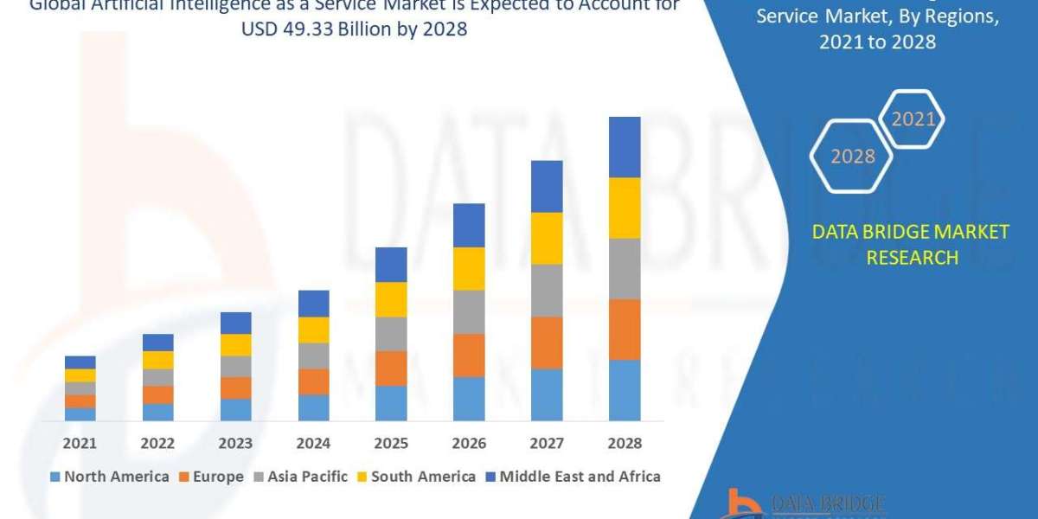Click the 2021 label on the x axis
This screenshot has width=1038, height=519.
click(x=80, y=443)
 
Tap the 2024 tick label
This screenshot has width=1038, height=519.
click(x=313, y=443)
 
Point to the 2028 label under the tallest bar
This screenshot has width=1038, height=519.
click(x=625, y=443)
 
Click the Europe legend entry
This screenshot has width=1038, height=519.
click(x=214, y=477)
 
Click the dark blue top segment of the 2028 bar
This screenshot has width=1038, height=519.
click(x=625, y=147)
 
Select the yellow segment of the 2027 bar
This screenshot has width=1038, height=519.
click(x=547, y=238)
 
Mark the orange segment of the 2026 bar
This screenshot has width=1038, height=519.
click(x=469, y=356)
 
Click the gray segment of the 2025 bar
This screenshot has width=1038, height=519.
click(x=391, y=334)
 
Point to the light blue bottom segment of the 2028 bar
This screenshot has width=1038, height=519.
click(x=625, y=390)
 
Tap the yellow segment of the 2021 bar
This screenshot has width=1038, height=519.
click(x=80, y=375)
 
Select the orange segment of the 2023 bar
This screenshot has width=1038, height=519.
click(x=235, y=388)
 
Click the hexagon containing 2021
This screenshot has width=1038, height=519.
click(x=913, y=119)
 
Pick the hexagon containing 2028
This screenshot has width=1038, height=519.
click(x=852, y=157)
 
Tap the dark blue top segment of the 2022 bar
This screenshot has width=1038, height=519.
click(x=157, y=343)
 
